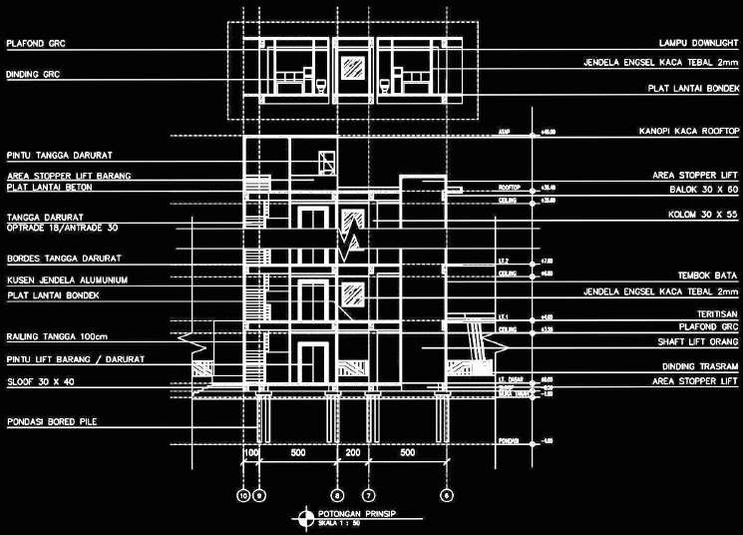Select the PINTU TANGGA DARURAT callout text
[57, 156]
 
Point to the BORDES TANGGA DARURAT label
[58, 259]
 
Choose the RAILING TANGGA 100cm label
[56, 336]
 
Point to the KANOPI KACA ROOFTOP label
[688, 131]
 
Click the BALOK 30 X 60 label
[703, 188]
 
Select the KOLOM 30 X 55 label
[703, 215]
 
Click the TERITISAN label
[716, 313]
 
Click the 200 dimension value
[352, 454]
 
